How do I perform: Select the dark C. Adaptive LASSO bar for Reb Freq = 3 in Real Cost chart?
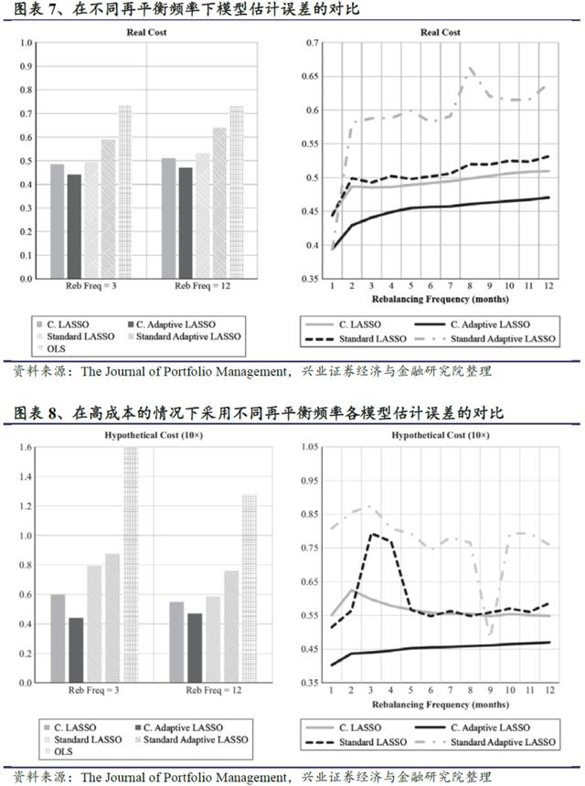click(x=74, y=228)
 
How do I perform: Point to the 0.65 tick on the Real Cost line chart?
click(x=313, y=77)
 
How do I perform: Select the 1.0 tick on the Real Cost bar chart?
click(x=25, y=43)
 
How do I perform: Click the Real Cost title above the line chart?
click(x=440, y=33)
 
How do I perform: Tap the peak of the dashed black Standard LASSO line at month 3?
click(x=372, y=534)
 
